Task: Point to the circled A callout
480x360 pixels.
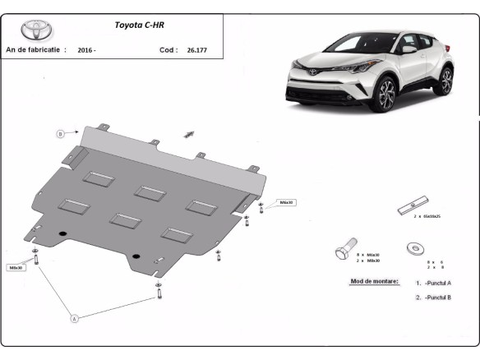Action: pos(75,316)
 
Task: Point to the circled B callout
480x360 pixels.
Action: pos(61,134)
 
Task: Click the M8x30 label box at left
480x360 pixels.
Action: pos(16,267)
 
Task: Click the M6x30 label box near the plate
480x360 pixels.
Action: pos(286,201)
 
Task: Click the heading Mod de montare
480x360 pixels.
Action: pos(368,281)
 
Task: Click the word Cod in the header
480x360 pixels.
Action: pos(166,50)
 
